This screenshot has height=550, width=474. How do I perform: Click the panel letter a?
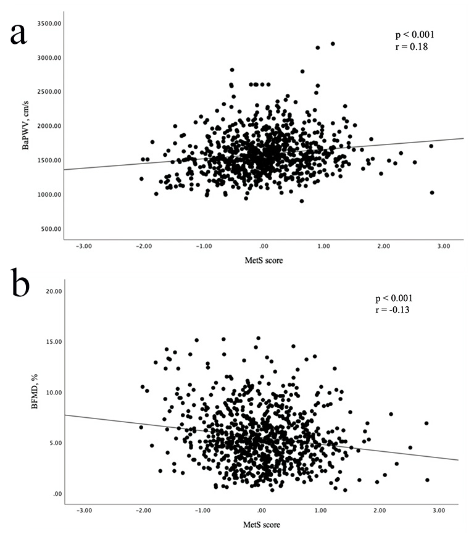[x=18, y=33]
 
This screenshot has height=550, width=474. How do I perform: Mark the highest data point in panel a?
[x=333, y=44]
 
